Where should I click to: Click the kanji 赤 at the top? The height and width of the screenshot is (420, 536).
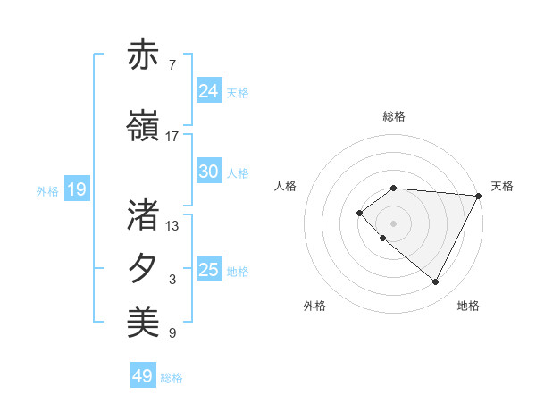click(x=145, y=55)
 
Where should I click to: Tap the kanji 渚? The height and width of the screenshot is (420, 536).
click(x=145, y=214)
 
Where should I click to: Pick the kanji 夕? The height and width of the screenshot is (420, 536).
click(x=145, y=269)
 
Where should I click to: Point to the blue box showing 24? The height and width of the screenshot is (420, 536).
click(x=208, y=91)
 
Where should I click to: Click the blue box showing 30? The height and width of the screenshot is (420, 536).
click(x=208, y=172)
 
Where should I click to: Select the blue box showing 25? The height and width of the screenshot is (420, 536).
click(x=208, y=270)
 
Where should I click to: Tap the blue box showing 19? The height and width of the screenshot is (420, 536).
click(x=76, y=189)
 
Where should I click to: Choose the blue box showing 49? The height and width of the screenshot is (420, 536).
click(x=142, y=376)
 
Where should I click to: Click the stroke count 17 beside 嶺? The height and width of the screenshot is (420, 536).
click(x=172, y=137)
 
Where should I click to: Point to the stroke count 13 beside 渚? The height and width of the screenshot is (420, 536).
click(x=172, y=225)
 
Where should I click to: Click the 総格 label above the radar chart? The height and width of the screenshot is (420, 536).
click(x=394, y=116)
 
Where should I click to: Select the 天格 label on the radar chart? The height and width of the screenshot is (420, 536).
click(x=502, y=186)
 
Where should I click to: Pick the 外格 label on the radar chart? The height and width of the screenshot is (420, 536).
click(x=314, y=306)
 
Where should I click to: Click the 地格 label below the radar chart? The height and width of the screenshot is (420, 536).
click(x=468, y=306)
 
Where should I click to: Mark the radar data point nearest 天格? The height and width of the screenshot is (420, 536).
click(x=479, y=196)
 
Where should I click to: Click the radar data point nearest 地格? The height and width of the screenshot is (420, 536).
click(x=435, y=282)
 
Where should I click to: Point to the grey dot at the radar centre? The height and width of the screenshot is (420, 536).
click(x=394, y=223)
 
